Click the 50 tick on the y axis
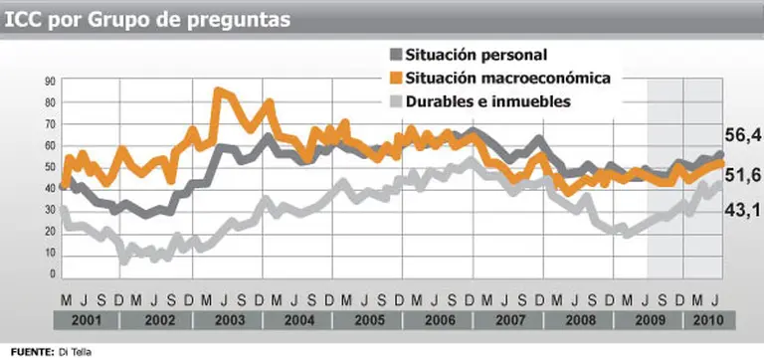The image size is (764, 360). coord(49,165)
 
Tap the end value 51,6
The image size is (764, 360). coord(742,174)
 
